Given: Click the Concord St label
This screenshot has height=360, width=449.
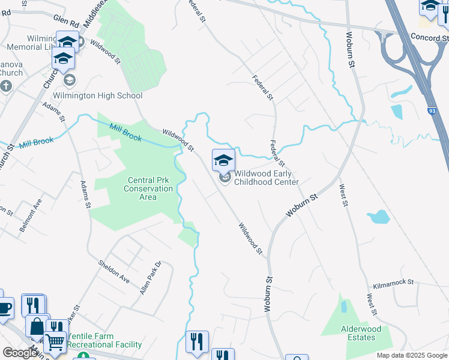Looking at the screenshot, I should (x=429, y=37).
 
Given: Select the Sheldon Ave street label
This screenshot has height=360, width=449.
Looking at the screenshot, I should (x=114, y=271).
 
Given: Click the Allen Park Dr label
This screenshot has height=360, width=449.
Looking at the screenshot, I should (x=151, y=277).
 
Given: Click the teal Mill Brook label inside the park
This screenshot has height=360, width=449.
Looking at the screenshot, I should (x=125, y=133).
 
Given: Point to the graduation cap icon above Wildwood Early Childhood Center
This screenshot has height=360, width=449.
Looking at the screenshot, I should (x=223, y=160).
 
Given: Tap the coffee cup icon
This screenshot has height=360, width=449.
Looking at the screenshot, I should (x=4, y=308).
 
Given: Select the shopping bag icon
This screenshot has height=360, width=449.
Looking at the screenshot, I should (x=37, y=327).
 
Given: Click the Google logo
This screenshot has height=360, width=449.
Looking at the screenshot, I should (x=19, y=353).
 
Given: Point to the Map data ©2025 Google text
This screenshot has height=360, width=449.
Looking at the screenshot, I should (x=412, y=355).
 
